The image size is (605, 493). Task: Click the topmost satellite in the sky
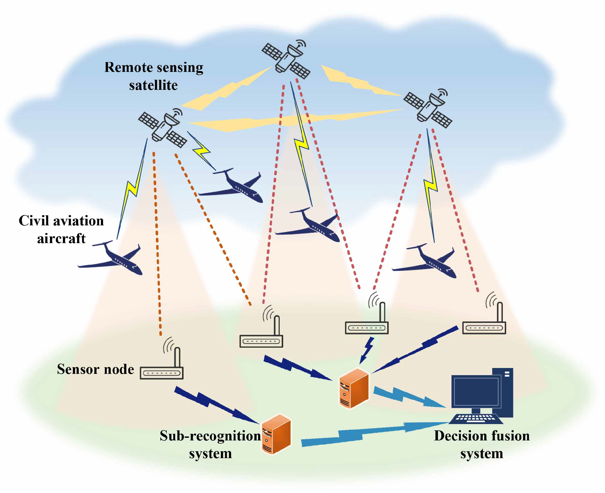286,60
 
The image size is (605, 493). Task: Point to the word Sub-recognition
210,436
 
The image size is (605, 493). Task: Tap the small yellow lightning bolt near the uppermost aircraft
202,151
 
